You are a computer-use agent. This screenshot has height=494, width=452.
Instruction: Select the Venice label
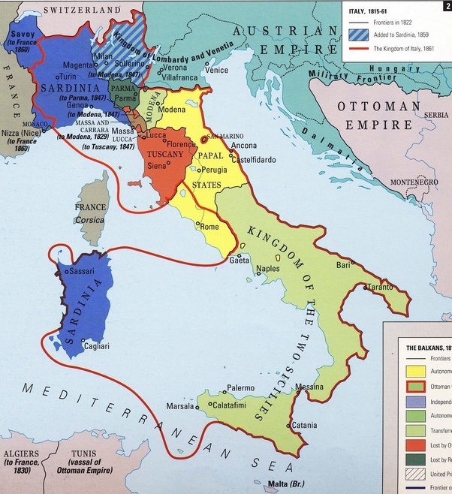[216, 71]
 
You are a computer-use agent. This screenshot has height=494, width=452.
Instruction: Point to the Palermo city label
[241, 388]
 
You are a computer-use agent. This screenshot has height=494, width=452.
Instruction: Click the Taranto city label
[381, 288]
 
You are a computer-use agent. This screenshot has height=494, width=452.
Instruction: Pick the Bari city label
[344, 265]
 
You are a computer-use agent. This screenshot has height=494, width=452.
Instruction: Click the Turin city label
[68, 77]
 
